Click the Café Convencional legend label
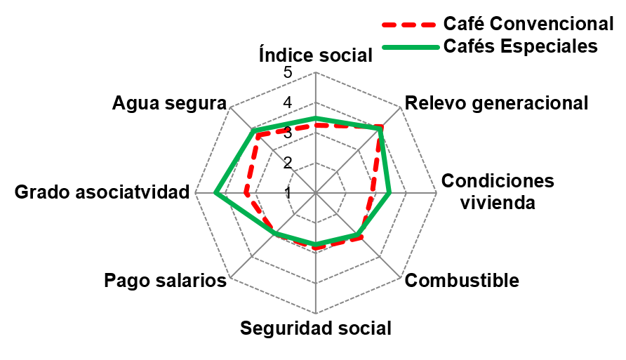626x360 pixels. [x=528, y=23]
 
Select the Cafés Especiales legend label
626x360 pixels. [x=520, y=46]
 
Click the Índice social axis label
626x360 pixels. [x=315, y=55]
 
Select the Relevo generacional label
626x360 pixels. [x=497, y=103]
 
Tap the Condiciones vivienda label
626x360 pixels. [x=498, y=192]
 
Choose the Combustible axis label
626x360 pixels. [x=463, y=281]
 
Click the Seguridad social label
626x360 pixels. [x=315, y=328]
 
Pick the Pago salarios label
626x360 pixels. [x=165, y=281]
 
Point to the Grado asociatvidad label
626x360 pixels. [x=102, y=192]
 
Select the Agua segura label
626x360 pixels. [x=169, y=103]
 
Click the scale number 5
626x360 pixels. [x=288, y=73]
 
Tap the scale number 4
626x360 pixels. [x=288, y=103]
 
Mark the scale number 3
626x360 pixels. [x=288, y=133]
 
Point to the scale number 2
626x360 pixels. [x=288, y=163]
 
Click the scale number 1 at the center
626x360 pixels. [x=288, y=192]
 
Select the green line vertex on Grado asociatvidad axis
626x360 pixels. [x=216, y=193]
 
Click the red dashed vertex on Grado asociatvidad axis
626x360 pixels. [x=246, y=193]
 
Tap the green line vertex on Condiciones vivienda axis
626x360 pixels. [x=389, y=193]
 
